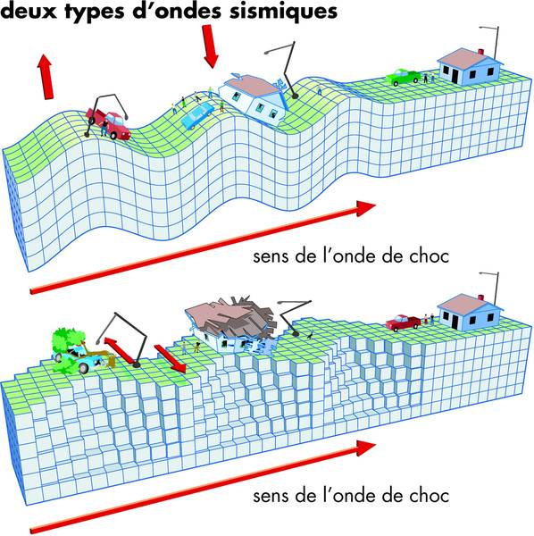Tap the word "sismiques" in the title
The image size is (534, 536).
[283, 11]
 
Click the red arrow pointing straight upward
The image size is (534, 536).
[46, 77]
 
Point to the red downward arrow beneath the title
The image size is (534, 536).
[210, 46]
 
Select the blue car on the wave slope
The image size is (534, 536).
[197, 115]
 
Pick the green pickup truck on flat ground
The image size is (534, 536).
[403, 77]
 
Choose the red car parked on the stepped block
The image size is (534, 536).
[403, 322]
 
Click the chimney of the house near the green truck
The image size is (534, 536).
[481, 52]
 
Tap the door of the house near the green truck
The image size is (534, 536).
[455, 76]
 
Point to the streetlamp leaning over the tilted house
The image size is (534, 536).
[283, 70]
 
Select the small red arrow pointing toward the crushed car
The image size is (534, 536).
[118, 349]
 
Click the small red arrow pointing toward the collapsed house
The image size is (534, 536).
[171, 358]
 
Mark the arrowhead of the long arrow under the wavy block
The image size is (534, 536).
[365, 208]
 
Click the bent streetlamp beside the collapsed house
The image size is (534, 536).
[294, 316]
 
